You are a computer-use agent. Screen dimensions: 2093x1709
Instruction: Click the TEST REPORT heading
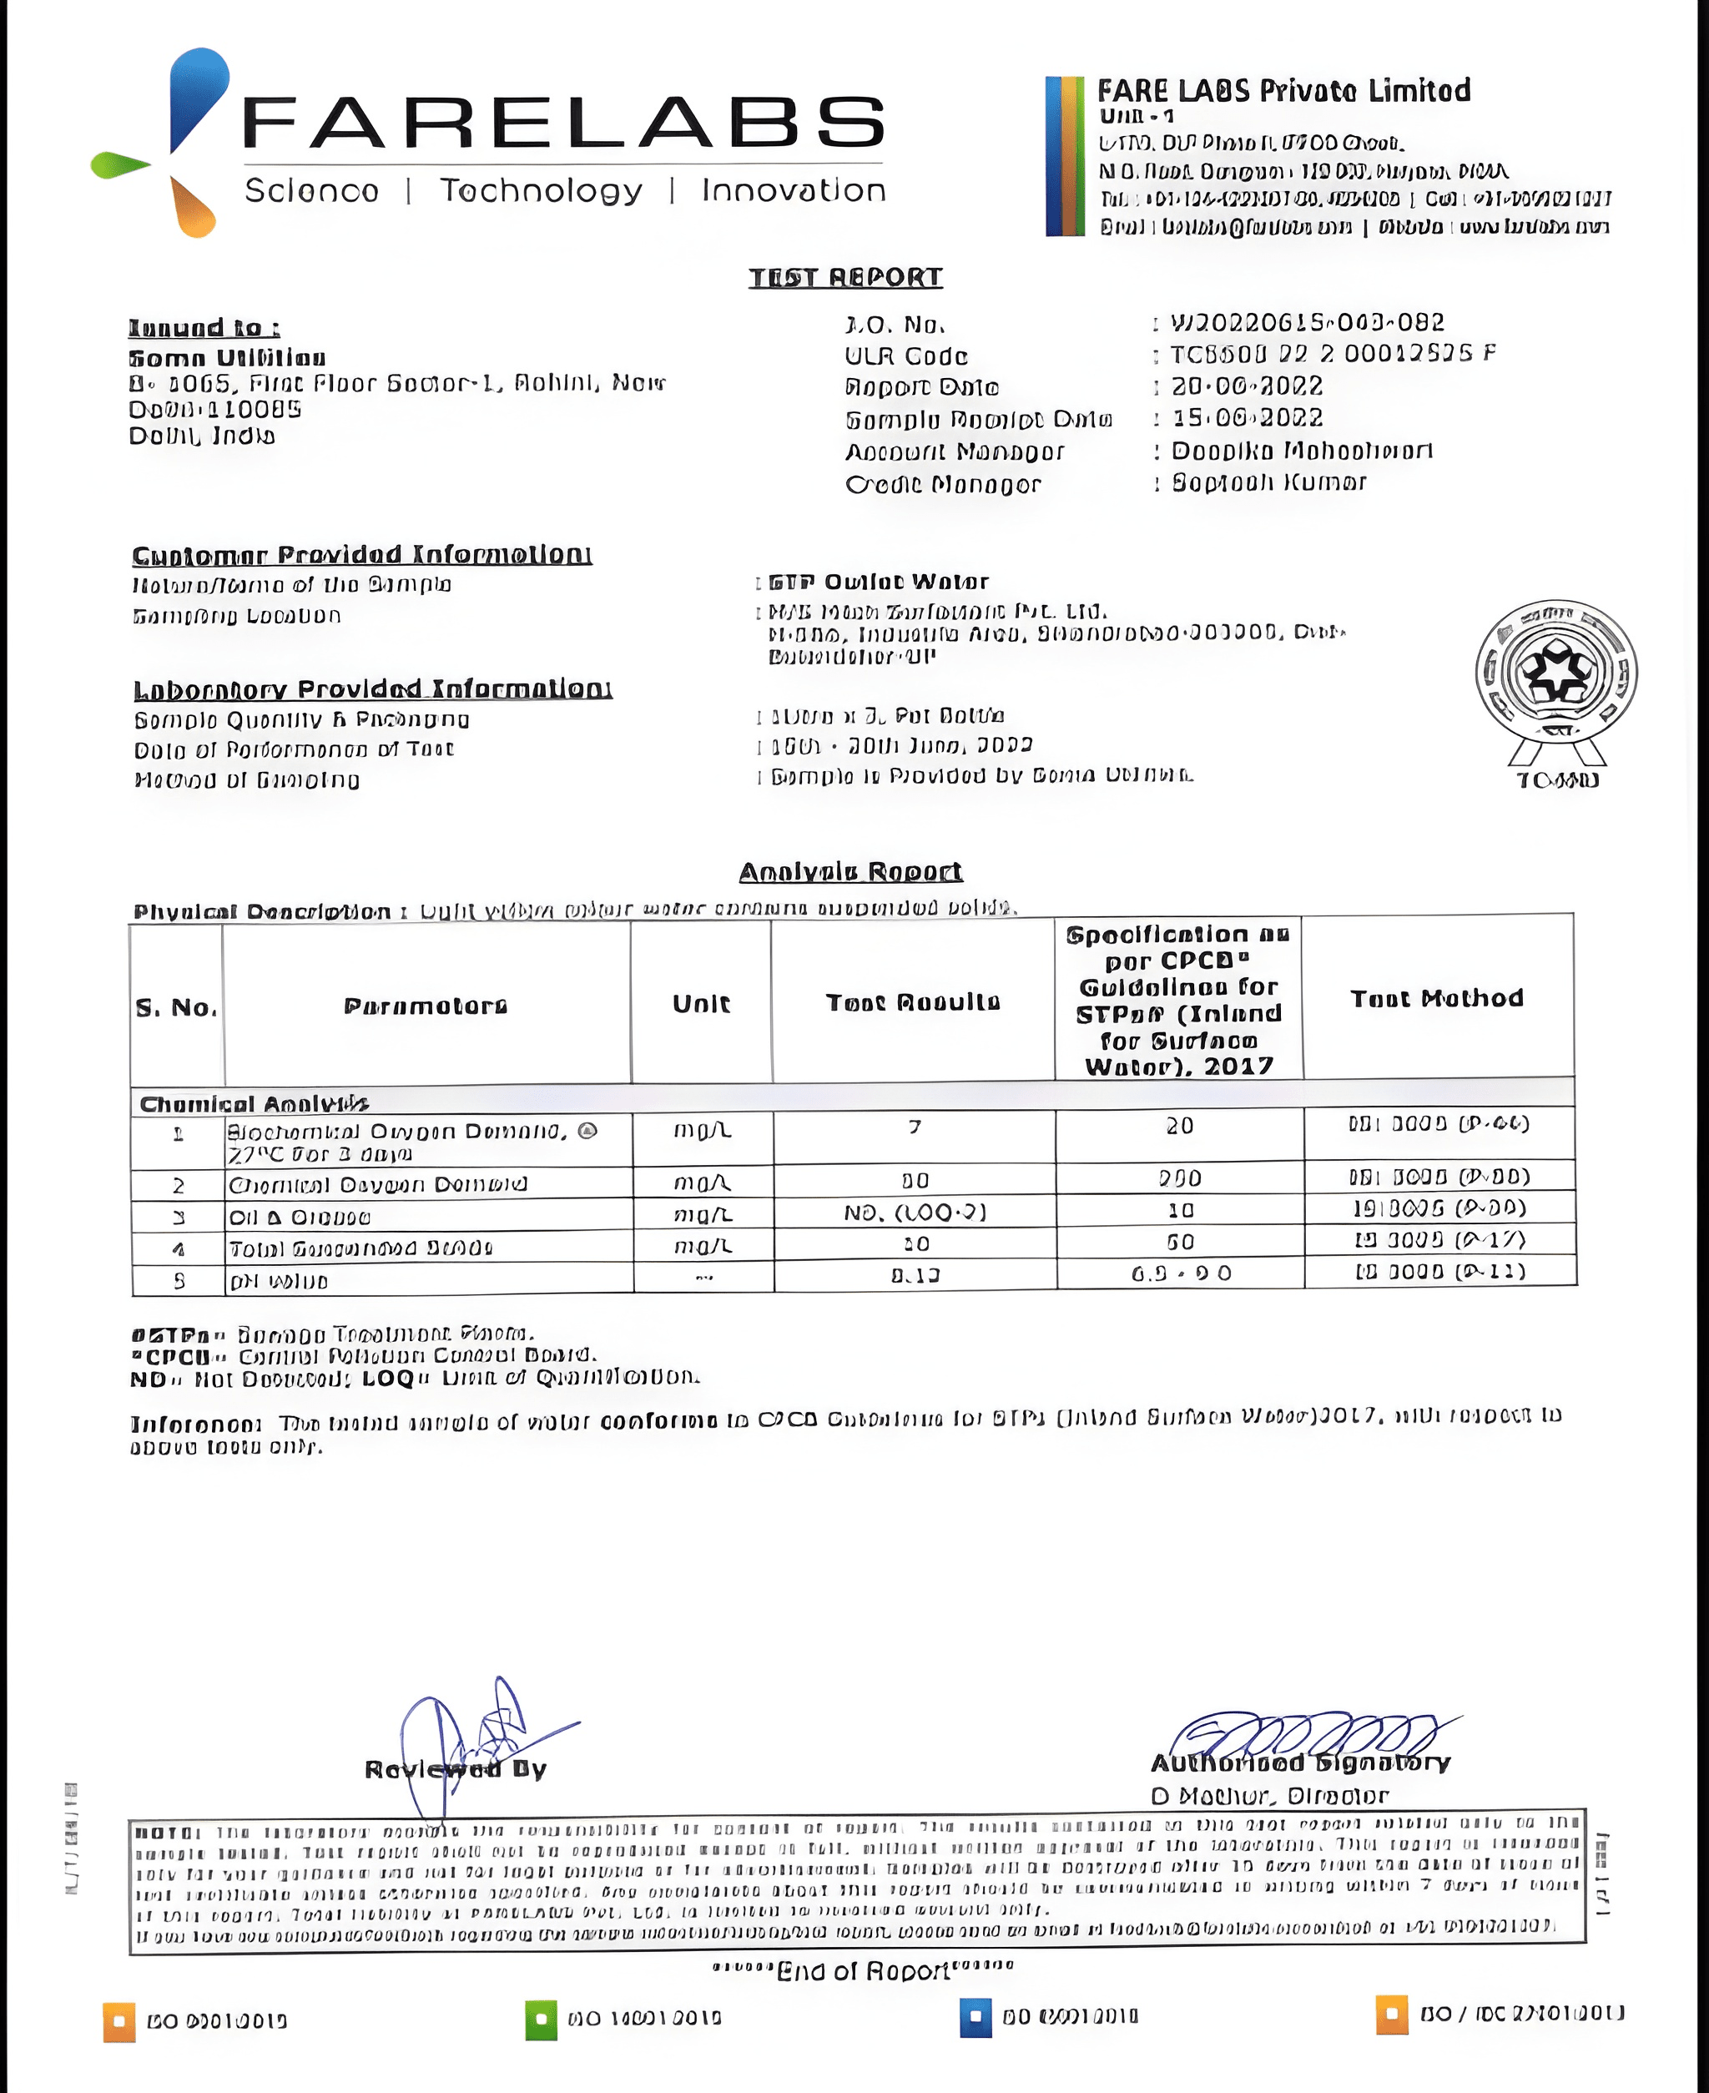point(844,278)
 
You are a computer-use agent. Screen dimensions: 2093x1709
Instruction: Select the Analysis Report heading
point(850,872)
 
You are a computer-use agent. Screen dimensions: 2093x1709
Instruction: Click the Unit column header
point(701,1003)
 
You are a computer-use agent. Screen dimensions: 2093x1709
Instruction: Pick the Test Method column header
point(1436,998)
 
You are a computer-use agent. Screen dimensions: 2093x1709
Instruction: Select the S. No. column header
point(176,1007)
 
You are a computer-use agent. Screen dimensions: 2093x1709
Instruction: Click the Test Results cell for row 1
point(915,1127)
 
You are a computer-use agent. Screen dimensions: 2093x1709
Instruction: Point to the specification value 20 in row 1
point(1179,1127)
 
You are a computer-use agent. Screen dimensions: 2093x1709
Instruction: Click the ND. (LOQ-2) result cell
point(915,1212)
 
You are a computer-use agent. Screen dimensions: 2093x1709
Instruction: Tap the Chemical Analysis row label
point(254,1103)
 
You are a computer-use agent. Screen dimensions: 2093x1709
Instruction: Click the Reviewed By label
point(455,1769)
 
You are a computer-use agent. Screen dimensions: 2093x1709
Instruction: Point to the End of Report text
point(862,1971)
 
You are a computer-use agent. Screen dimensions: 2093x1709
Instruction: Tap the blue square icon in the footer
point(975,2017)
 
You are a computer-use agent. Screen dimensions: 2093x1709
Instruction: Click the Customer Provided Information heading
point(361,555)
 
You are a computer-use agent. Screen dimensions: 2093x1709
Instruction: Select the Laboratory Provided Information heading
point(372,689)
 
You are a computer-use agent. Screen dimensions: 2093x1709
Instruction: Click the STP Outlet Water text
point(878,582)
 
